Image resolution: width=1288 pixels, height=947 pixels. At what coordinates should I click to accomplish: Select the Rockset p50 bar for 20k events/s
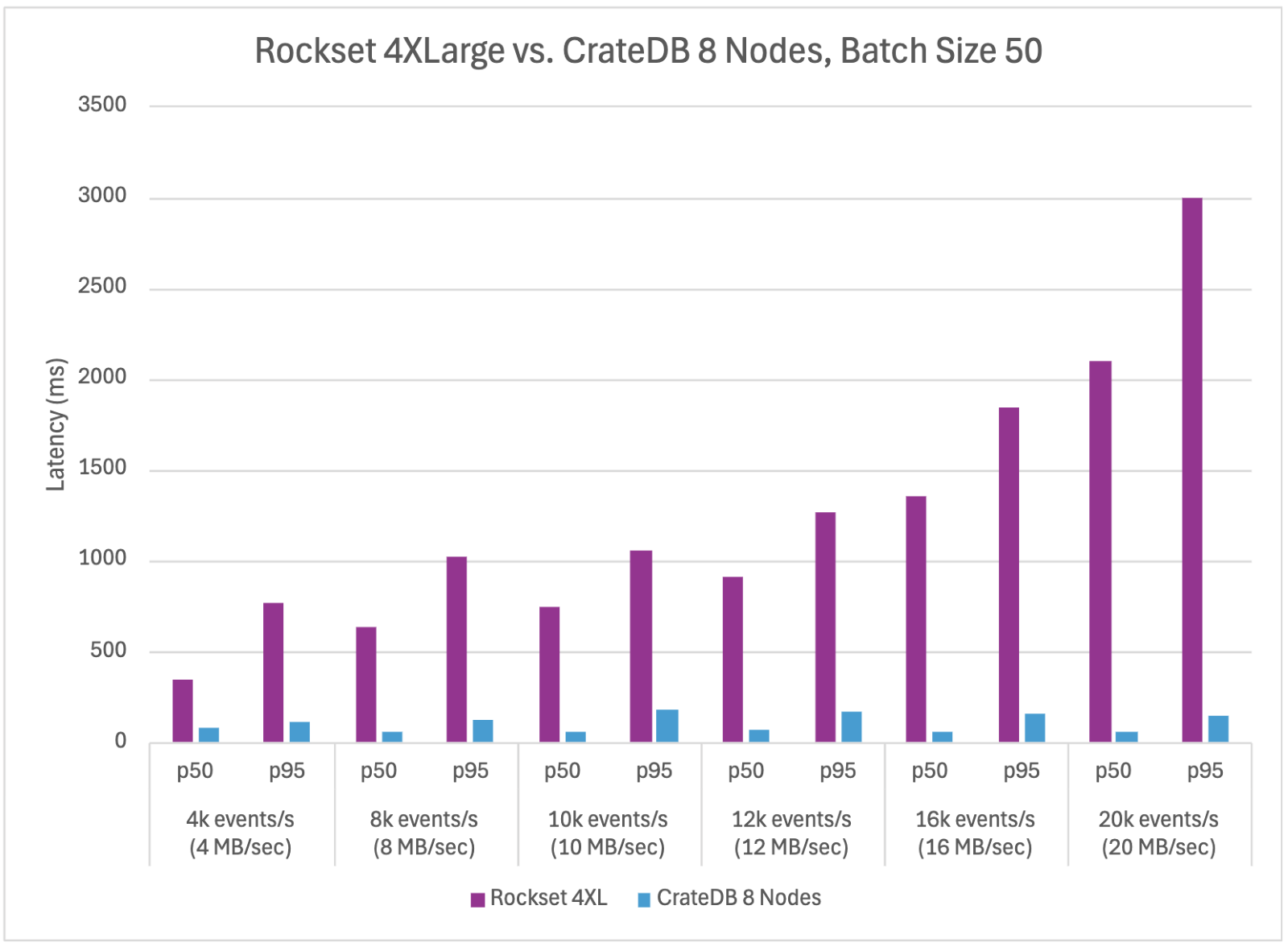[x=1100, y=552]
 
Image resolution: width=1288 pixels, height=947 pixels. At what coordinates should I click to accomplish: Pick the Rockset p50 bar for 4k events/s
[x=183, y=710]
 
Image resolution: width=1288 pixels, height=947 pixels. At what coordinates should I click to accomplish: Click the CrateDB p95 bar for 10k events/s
[x=667, y=726]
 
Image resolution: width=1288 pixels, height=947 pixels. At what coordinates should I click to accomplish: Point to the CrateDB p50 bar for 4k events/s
[x=208, y=734]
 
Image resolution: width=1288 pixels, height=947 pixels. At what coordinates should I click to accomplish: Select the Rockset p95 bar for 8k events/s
[x=456, y=649]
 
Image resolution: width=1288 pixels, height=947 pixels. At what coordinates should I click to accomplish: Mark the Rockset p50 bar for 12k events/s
[x=733, y=659]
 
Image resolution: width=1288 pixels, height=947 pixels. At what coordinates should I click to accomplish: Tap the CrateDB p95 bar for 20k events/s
[x=1218, y=729]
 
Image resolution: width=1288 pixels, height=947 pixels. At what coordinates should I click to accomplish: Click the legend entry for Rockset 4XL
[x=539, y=898]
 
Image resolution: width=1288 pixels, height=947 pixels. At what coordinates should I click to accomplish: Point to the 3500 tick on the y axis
[x=102, y=105]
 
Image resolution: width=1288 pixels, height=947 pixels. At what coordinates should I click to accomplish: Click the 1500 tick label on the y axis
[x=102, y=468]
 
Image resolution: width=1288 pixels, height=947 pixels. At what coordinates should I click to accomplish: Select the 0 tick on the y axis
[x=120, y=741]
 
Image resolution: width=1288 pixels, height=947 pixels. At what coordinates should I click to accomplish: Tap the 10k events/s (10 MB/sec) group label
[x=608, y=833]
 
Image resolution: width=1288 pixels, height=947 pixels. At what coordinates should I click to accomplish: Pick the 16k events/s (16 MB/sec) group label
[x=975, y=833]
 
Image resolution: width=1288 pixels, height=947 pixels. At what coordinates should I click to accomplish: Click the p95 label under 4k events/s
[x=287, y=771]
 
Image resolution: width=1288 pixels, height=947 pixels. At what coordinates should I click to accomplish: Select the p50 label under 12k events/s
[x=745, y=771]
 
